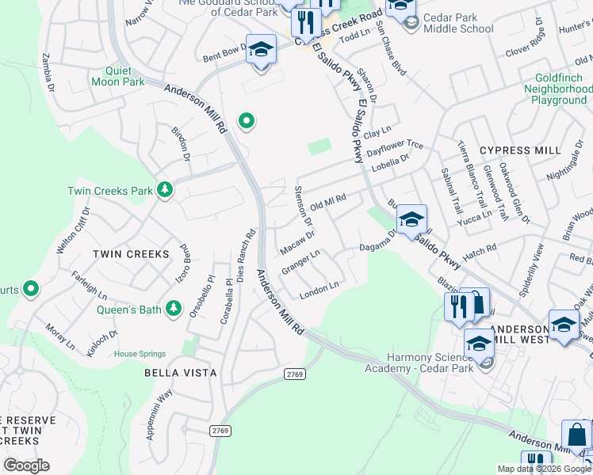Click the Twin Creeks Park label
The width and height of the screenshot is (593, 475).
pos(109,191)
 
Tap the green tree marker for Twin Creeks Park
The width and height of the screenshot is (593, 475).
pos(165,190)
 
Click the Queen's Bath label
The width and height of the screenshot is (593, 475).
pos(129,310)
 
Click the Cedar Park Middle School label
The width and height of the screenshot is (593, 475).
pos(458,24)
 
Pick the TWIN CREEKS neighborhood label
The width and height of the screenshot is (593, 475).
pos(131,254)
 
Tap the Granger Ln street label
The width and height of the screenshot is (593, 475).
pos(300,262)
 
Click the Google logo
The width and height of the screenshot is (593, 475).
pos(26,465)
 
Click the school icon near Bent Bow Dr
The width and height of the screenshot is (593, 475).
pos(260,51)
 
